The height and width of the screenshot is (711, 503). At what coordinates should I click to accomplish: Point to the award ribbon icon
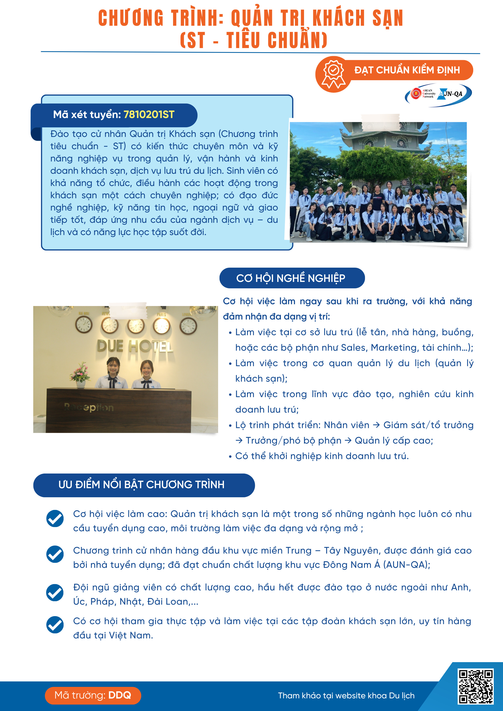click(x=333, y=74)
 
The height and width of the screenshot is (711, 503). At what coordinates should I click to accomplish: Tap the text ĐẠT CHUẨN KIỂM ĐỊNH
click(x=407, y=70)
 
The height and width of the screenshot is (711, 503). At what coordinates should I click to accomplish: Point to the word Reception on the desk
click(x=89, y=407)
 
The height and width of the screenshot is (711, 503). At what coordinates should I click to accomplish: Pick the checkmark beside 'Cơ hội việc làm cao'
click(x=55, y=518)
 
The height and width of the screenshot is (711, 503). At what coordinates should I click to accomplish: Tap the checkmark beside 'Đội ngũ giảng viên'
click(x=55, y=592)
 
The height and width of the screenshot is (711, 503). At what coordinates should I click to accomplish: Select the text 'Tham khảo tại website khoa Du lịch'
click(x=346, y=696)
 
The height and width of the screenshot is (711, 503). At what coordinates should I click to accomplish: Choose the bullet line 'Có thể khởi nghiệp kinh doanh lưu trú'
click(x=322, y=456)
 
